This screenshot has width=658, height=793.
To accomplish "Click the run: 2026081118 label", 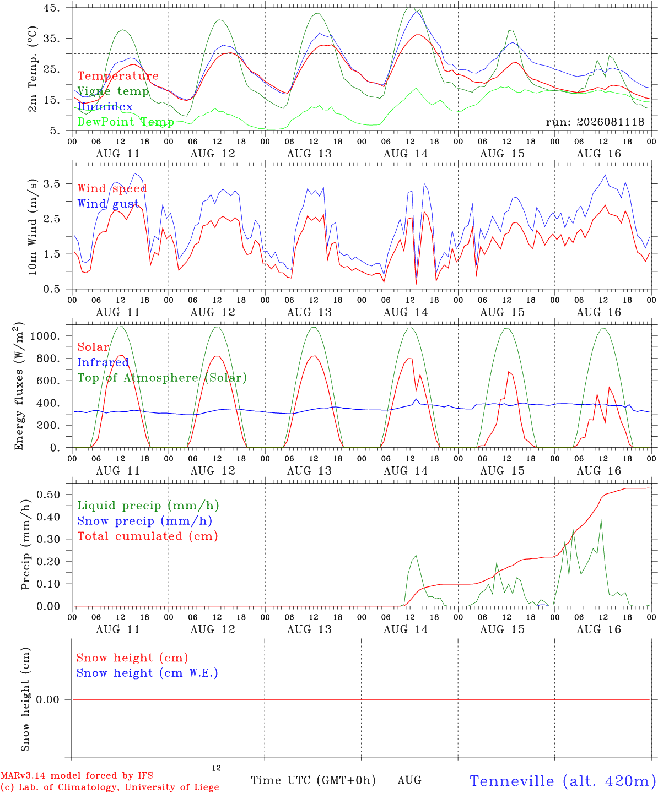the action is [595, 122].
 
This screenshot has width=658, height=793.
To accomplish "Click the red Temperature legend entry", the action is [118, 76].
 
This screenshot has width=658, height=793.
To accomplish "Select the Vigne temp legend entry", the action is [113, 91].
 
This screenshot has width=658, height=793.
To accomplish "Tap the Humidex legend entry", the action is [105, 106].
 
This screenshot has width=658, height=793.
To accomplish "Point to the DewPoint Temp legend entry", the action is [126, 122].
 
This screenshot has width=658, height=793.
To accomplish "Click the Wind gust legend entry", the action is [107, 204].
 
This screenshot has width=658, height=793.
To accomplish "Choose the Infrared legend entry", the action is [103, 362].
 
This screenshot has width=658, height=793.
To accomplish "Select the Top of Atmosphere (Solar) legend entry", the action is [162, 378].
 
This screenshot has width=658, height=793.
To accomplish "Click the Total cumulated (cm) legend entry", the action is [148, 536].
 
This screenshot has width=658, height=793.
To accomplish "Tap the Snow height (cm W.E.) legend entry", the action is [147, 673].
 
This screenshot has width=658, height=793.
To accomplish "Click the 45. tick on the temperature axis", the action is [51, 8].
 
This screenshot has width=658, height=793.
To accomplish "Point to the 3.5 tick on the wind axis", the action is [52, 184].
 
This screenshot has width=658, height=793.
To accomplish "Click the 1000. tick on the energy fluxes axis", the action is [45, 336].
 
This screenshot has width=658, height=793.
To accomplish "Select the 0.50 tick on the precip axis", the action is [48, 495].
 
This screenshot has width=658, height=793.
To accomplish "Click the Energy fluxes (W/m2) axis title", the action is [19, 386].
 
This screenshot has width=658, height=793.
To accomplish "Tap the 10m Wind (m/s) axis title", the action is [33, 227].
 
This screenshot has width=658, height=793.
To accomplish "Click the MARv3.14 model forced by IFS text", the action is [77, 775].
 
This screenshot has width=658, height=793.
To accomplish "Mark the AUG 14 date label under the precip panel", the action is [406, 629].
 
